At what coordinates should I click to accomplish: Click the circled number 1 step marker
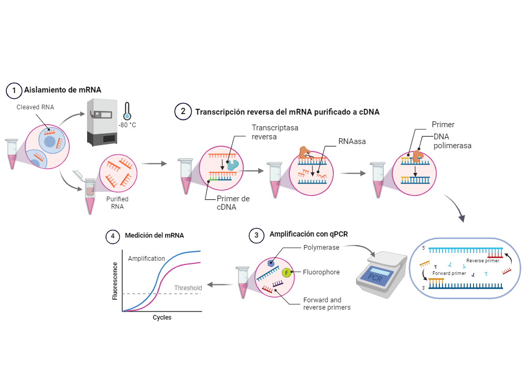[x=14, y=90]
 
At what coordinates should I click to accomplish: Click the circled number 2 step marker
[x=183, y=112]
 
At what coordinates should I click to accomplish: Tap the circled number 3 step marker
[x=256, y=236]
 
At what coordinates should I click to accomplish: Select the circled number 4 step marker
[x=112, y=237]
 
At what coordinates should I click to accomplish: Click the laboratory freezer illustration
[x=101, y=122]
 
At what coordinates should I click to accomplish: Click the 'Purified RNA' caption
[x=117, y=203]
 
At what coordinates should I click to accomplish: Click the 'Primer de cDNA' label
[x=233, y=202]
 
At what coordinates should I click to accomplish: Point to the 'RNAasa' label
[x=352, y=141]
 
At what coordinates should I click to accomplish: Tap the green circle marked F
[x=286, y=272]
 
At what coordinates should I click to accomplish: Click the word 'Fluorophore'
[x=321, y=272]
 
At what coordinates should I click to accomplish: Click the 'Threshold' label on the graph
[x=188, y=288]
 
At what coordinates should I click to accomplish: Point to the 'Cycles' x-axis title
[x=162, y=318]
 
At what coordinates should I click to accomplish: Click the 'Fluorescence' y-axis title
[x=115, y=279]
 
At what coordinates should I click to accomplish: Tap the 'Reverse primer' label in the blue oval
[x=481, y=260]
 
